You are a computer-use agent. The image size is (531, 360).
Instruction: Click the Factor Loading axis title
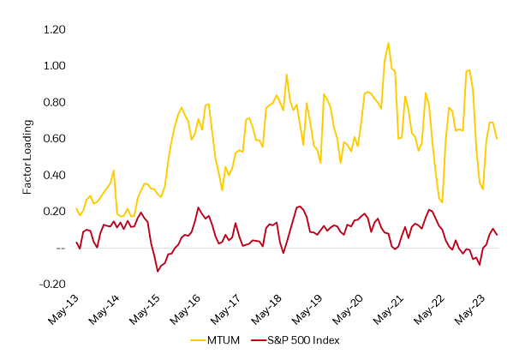27,158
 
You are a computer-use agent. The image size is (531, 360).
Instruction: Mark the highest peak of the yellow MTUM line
388,43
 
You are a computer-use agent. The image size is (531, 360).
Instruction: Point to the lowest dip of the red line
158,271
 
